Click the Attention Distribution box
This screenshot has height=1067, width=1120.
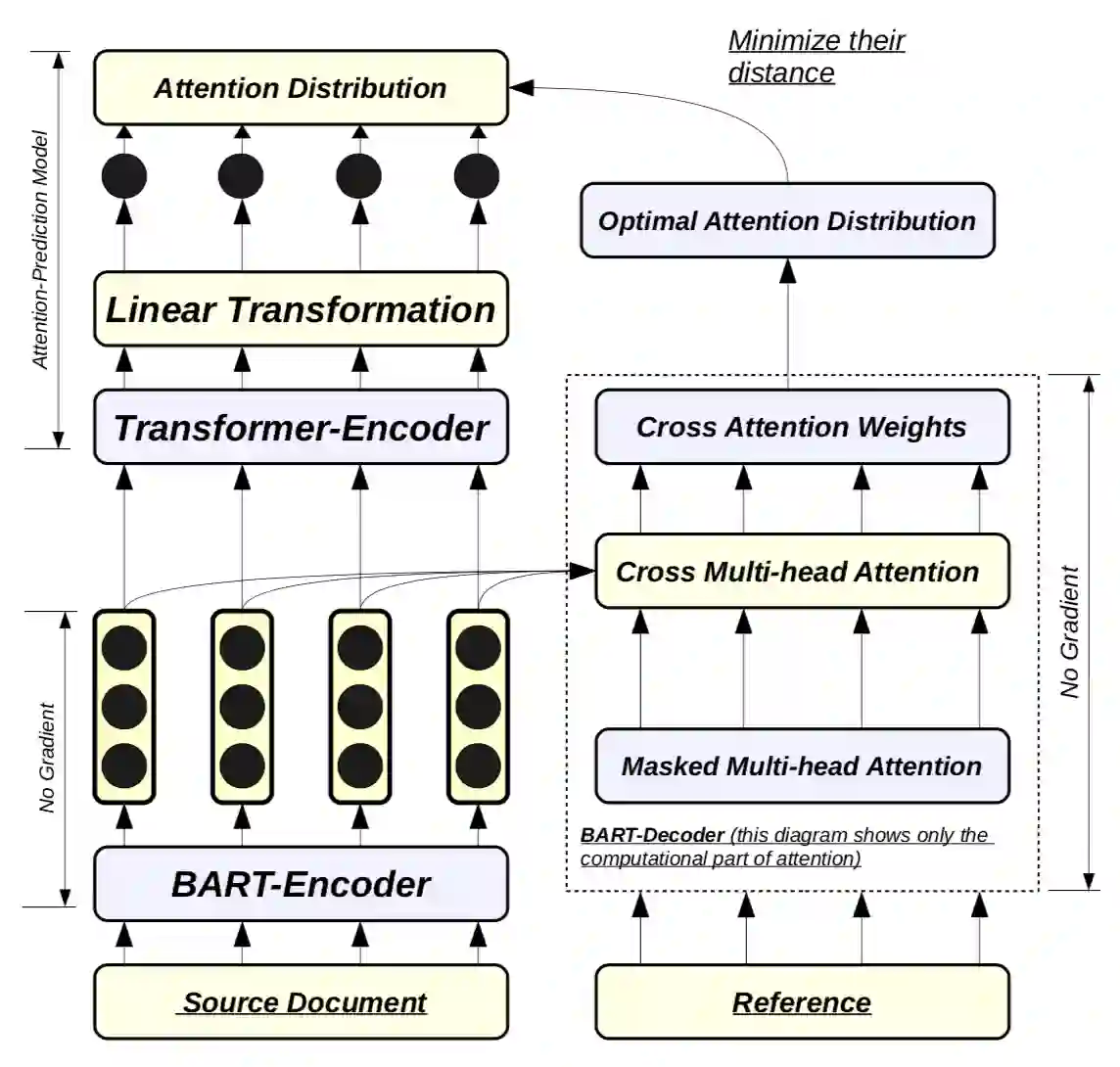coord(301,88)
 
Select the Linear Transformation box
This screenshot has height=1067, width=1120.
coord(301,310)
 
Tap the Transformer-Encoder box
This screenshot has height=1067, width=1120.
coord(301,428)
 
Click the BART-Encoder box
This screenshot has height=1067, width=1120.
coord(301,884)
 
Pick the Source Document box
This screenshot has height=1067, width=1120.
coord(301,1002)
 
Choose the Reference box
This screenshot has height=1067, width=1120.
coord(802,1002)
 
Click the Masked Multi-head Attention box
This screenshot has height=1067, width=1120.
coord(802,765)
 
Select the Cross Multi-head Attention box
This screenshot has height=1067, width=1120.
coord(798,572)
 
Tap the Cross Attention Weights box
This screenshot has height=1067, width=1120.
coord(802,427)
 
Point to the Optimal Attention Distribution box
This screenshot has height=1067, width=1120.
coord(787,220)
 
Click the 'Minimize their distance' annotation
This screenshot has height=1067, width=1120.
coord(816,57)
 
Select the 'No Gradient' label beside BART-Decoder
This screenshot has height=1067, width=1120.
coord(1070,631)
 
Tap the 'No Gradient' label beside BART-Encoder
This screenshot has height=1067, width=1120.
coord(46,758)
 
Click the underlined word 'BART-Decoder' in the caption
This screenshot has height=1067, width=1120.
coord(652,835)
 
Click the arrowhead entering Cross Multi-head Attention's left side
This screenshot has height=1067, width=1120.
coord(584,571)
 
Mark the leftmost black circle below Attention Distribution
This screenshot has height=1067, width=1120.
coord(124,177)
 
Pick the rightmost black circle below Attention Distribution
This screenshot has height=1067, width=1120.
coord(477,177)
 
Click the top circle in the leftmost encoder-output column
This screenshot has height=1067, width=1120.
coord(124,647)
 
